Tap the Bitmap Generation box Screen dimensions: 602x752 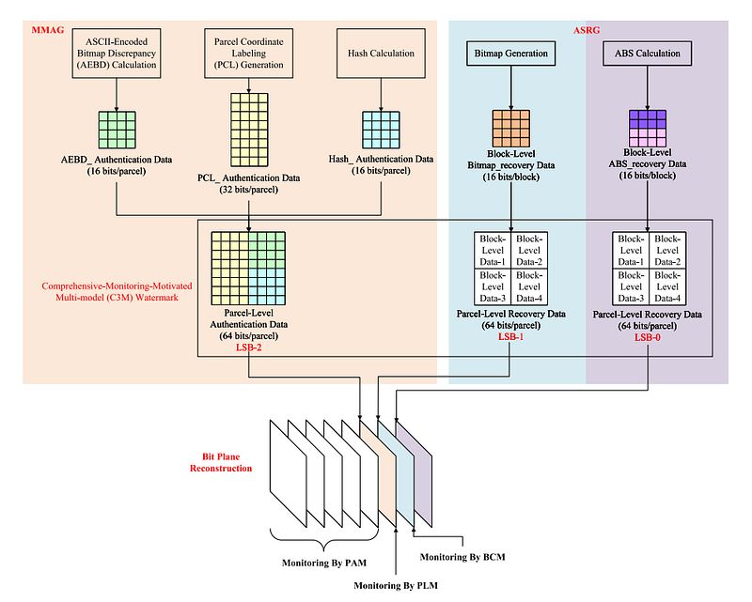510,54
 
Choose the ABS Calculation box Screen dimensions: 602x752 648,54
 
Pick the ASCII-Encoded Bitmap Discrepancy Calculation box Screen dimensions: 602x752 116,55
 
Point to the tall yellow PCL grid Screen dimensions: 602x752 249,130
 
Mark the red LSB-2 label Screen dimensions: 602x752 249,347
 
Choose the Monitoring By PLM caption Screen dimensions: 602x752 395,586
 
